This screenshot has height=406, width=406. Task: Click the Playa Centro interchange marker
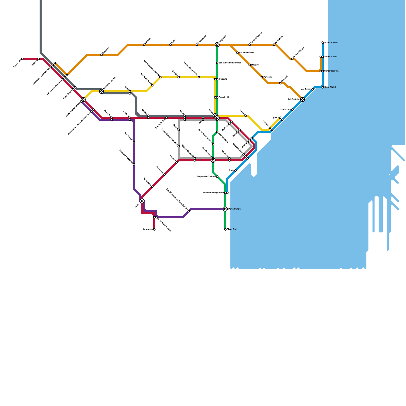click(x=225, y=209)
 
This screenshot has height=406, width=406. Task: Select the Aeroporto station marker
click(x=154, y=229)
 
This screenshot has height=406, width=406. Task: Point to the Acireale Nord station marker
click(x=323, y=43)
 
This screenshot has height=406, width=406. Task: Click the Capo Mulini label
click(x=330, y=87)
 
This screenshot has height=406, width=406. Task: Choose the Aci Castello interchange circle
click(x=302, y=99)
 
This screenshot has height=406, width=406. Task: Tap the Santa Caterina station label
click(x=331, y=71)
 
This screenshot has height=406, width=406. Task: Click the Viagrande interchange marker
click(x=217, y=45)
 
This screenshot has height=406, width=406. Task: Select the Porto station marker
click(x=235, y=171)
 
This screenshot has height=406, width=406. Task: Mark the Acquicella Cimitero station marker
click(x=217, y=177)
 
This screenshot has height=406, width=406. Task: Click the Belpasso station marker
click(x=101, y=55)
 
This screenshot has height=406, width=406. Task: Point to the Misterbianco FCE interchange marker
click(x=101, y=91)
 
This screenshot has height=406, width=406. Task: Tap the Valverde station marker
click(x=262, y=77)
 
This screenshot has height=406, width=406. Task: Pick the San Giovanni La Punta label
click(x=230, y=63)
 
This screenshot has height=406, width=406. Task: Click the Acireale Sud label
click(x=330, y=57)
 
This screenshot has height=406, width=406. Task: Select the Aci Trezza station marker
click(x=313, y=89)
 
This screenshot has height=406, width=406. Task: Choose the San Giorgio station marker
click(x=134, y=142)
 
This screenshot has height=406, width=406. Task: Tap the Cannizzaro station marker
click(x=292, y=110)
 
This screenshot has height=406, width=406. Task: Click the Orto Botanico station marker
click(x=217, y=132)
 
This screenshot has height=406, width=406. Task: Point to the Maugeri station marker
click(x=250, y=65)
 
